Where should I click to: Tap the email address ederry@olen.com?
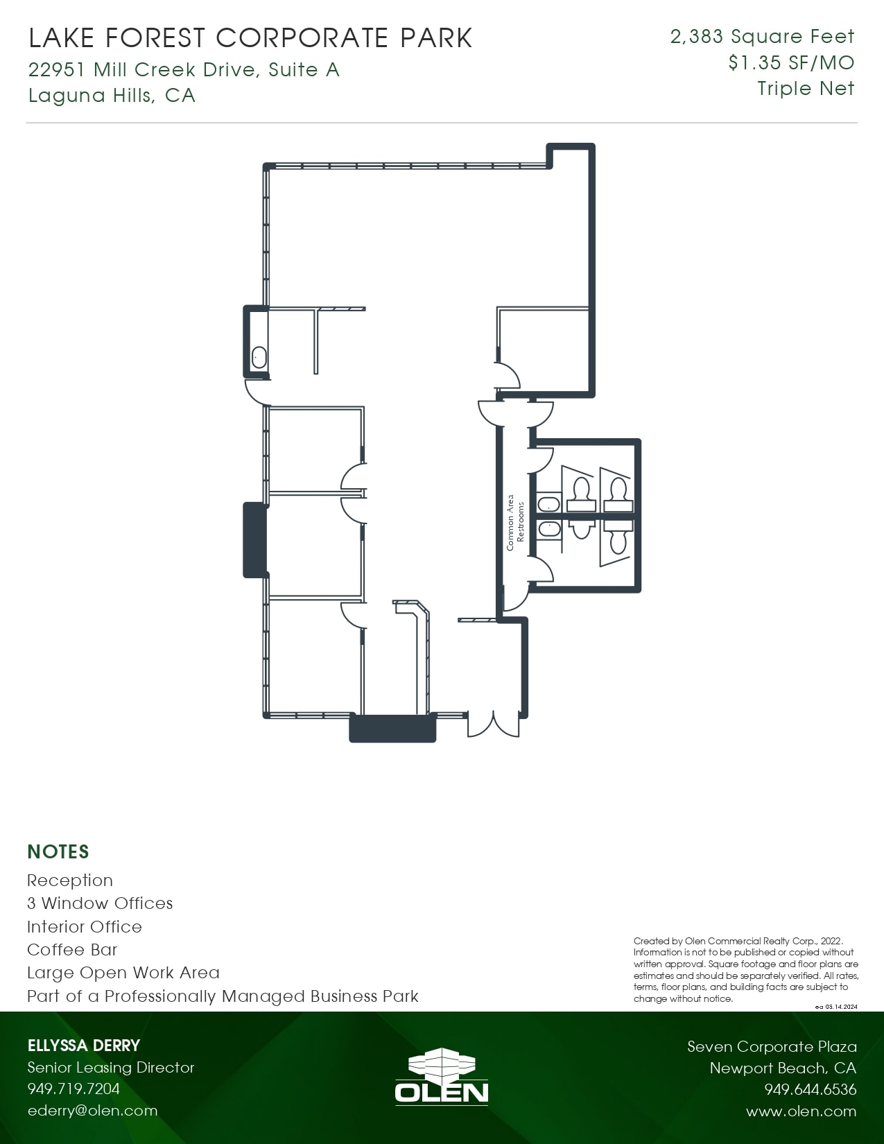tap(92, 1111)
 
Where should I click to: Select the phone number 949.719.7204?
tap(73, 1089)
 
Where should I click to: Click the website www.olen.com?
tap(801, 1111)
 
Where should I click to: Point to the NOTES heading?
tap(58, 851)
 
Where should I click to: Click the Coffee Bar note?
tap(72, 950)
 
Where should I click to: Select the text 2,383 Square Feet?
tap(762, 37)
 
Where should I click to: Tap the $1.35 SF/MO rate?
tap(791, 63)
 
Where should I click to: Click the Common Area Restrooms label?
tap(515, 523)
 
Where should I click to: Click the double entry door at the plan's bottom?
tap(493, 723)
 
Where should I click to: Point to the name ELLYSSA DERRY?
tap(84, 1046)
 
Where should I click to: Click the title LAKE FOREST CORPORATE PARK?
tap(250, 38)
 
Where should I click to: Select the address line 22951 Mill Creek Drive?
tap(184, 69)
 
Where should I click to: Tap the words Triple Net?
tap(806, 89)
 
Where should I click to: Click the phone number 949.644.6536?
tap(810, 1089)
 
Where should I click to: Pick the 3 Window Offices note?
tap(100, 903)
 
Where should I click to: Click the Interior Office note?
tap(85, 927)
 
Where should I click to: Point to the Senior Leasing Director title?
tap(111, 1068)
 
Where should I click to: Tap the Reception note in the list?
tap(70, 881)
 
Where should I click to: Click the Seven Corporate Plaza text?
tap(772, 1047)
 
